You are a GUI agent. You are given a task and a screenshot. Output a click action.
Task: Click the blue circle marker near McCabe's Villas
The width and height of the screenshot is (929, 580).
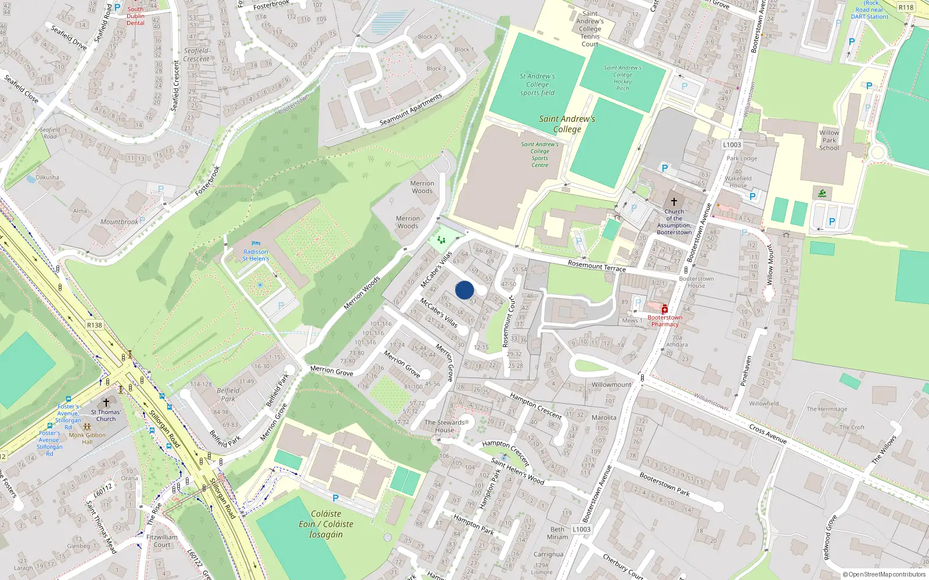pos(464,290)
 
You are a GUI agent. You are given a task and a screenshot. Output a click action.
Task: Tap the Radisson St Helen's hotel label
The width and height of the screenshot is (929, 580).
pos(255,255)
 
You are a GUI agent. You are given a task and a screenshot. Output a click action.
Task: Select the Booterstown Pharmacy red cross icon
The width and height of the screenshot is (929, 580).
pos(664,310)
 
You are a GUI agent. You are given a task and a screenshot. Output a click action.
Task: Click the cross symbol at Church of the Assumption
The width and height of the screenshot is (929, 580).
pos(674,202)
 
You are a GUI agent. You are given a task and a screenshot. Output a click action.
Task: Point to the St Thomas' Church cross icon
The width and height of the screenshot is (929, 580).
pos(106,402)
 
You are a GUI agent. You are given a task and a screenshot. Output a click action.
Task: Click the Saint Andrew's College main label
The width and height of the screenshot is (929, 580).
pos(567,124)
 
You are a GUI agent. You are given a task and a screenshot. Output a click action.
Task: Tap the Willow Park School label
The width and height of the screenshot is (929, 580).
pos(829,140)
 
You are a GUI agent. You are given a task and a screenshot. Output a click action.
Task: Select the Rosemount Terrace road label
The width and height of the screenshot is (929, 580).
pos(597,266)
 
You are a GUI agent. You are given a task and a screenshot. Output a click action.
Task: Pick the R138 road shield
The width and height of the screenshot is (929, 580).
pos(95,325)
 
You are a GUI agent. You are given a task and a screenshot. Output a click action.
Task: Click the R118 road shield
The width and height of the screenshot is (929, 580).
pos(906,8)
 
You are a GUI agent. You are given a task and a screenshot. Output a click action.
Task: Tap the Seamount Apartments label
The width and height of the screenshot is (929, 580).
pos(411,109)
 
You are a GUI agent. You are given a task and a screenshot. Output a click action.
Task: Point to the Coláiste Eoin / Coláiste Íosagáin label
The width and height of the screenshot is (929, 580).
pos(326,524)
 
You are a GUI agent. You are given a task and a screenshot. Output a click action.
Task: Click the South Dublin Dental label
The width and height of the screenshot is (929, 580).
pos(135,16)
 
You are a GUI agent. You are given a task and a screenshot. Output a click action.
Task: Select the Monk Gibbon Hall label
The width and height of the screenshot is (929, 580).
pos(87,438)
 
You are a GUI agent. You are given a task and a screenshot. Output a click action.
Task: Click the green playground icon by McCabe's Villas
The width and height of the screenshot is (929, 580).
pos(441,240)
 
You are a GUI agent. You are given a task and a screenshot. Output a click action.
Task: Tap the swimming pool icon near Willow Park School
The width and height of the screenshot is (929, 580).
pos(822,193)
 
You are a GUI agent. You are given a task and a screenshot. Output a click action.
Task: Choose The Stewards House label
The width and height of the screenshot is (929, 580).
pos(445,426)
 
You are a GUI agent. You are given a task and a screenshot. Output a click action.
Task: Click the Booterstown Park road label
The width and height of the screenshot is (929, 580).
pos(664,484)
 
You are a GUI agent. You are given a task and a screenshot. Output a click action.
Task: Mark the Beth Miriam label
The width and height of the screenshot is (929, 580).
pos(557,533)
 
